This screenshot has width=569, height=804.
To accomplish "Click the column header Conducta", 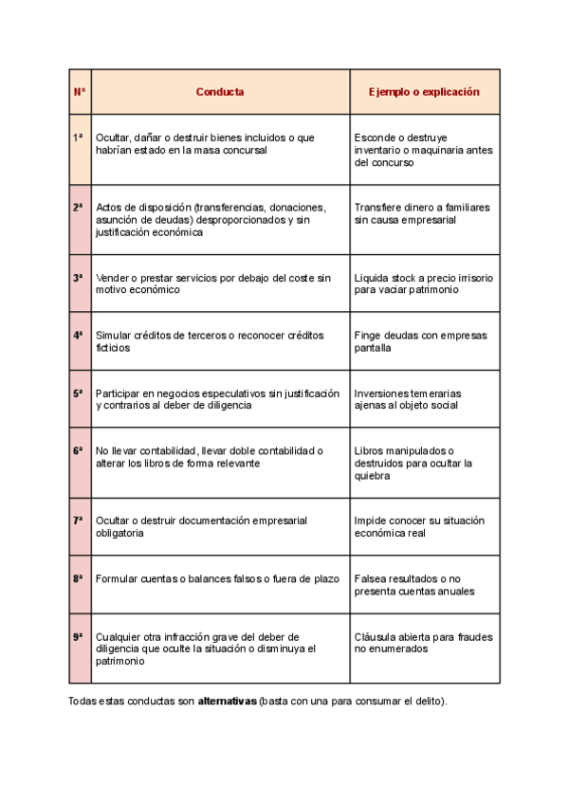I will [220, 92].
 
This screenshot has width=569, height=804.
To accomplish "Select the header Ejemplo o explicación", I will [424, 92].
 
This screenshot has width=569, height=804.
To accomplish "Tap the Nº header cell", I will [80, 92].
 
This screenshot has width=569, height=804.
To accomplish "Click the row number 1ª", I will [79, 137].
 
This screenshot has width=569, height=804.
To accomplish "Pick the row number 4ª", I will [79, 336].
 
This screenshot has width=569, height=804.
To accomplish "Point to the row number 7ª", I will [79, 521].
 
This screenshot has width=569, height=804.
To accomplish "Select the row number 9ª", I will [79, 637].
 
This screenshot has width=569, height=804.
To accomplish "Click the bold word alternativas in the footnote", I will [227, 702].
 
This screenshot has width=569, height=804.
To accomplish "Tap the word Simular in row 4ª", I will [114, 336].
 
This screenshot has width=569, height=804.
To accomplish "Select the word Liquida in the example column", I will [372, 278].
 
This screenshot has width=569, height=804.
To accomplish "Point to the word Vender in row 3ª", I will [113, 278].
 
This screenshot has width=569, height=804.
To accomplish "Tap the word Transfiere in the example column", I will [377, 208].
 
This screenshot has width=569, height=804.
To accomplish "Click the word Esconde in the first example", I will [375, 137].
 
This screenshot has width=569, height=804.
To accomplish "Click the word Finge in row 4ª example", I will [368, 336].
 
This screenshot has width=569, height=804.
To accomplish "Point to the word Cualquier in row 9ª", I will [119, 637].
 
